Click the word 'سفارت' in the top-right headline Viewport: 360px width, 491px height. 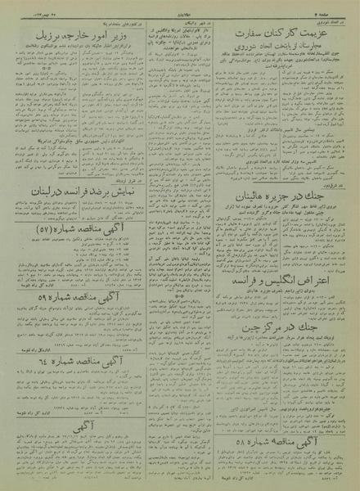click(250, 34)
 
